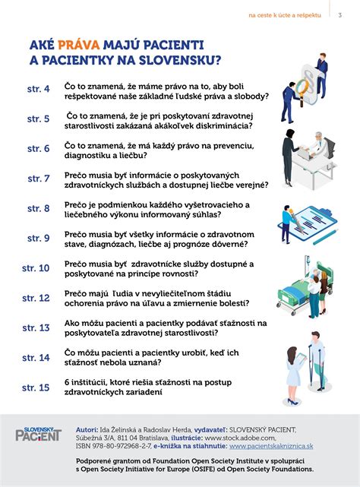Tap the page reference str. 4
click(37, 90)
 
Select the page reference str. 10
click(36, 268)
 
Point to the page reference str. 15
click(36, 387)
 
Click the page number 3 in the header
click(339, 14)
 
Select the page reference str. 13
click(36, 327)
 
